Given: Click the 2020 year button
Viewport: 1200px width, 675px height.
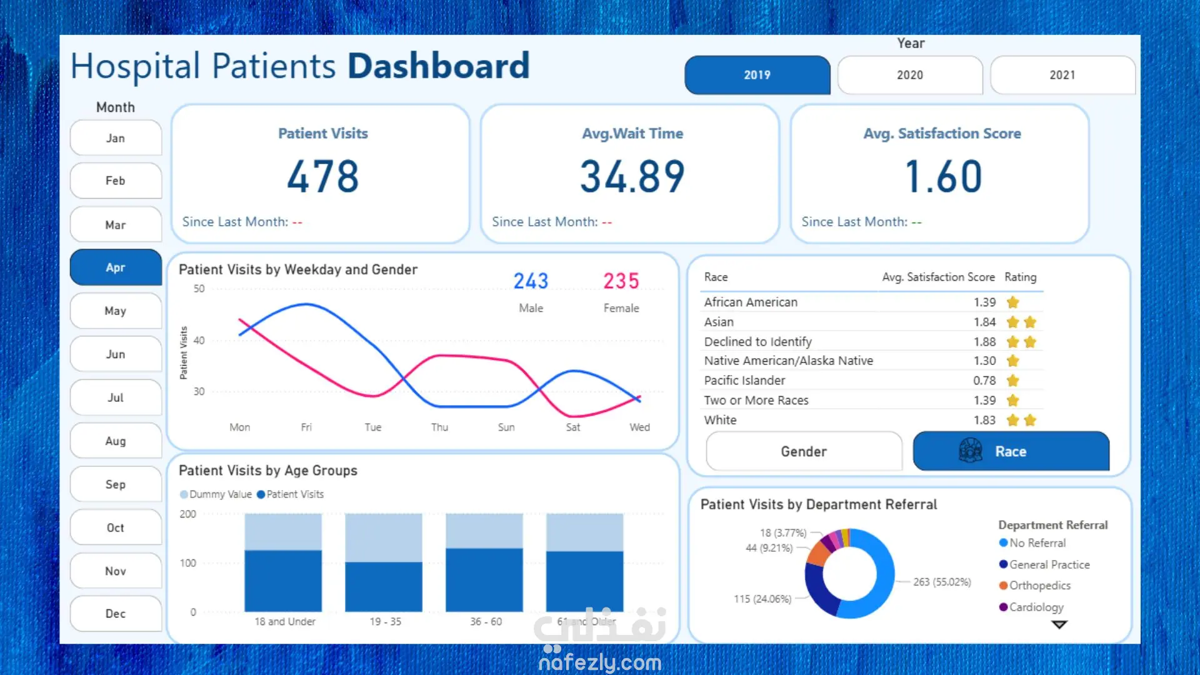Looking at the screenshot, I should point(909,75).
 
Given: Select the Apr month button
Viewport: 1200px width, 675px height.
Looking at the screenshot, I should point(116,267).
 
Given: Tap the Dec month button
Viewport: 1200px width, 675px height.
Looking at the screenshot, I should point(116,614).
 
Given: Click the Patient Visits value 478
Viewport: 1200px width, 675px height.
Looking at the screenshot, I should point(322,176).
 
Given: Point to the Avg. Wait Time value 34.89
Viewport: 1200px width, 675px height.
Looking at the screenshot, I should point(632,176).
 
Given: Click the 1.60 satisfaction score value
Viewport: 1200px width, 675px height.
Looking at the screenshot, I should point(942,176).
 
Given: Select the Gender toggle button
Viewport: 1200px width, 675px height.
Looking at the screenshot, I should point(804,451).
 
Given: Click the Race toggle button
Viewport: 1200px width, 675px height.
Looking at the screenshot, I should point(1011,451).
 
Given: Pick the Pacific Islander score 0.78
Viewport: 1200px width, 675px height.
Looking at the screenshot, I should point(984,381).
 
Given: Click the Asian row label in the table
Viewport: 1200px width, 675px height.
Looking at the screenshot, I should point(719,322).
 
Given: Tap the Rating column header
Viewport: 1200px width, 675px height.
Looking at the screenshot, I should point(1020,277).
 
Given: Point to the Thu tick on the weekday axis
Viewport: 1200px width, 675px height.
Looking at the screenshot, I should point(439,427).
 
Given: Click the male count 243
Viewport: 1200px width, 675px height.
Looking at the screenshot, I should point(531,281).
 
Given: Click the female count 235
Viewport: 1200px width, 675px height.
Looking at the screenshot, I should point(621,281).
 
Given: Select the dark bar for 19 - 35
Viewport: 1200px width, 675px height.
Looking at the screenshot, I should point(383,586).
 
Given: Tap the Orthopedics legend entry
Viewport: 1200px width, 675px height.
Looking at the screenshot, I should point(1039,586).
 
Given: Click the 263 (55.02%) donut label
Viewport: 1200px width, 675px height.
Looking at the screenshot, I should point(942,582).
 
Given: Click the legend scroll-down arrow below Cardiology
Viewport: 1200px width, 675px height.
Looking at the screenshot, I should point(1059,624).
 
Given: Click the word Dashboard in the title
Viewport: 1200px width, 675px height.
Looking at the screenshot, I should point(438,66).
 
